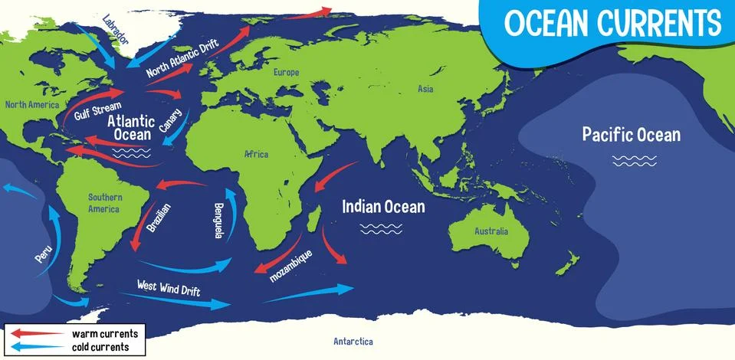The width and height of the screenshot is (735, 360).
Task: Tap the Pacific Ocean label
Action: pos(631,136)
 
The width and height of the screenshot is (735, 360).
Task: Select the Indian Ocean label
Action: pos(383,206)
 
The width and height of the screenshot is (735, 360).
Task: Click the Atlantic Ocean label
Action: pos(132,128)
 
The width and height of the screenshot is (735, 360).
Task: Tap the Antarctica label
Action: pos(353,342)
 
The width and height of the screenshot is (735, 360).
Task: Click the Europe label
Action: pos(286,72)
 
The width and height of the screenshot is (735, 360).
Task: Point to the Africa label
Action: pos(256,154)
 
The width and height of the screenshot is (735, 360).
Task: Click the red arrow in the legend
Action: pos(36,334)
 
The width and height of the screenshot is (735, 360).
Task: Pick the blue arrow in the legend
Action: pos(36,347)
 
